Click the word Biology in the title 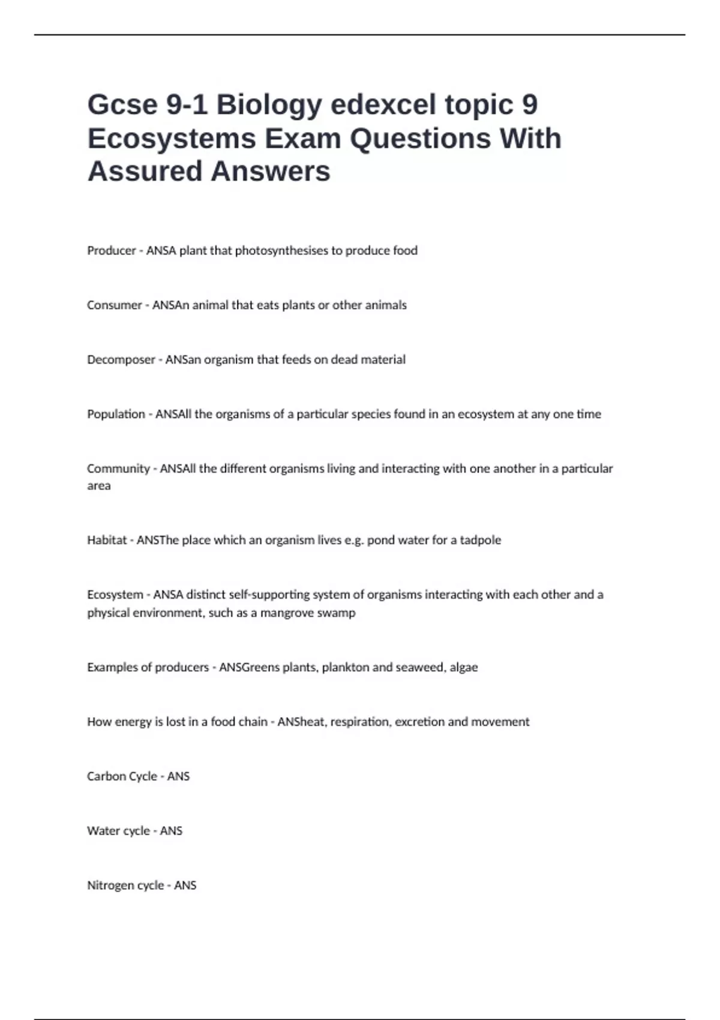269,105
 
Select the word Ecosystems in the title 172,139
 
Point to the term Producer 112,251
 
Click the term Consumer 114,305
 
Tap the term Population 116,414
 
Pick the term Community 118,469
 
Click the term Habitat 107,540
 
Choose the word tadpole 480,540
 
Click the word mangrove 286,613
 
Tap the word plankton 346,667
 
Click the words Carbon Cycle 122,776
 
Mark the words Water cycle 118,831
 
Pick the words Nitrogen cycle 125,886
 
